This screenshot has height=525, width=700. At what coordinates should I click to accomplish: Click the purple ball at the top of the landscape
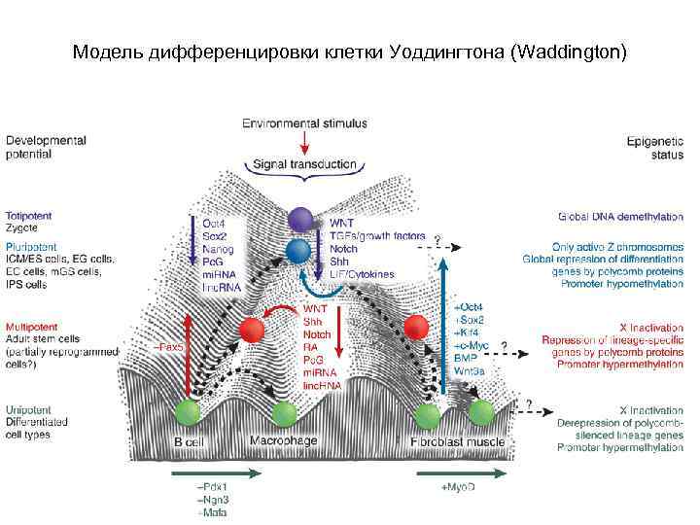300,220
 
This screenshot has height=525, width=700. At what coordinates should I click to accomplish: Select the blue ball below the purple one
297,251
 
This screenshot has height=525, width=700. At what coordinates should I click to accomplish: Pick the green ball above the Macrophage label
283,414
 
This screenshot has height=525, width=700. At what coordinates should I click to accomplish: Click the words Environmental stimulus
304,123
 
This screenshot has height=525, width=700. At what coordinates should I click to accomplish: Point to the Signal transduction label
304,164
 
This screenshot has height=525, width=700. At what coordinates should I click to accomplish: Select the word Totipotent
29,215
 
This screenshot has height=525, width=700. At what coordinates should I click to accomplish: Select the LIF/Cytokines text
363,274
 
